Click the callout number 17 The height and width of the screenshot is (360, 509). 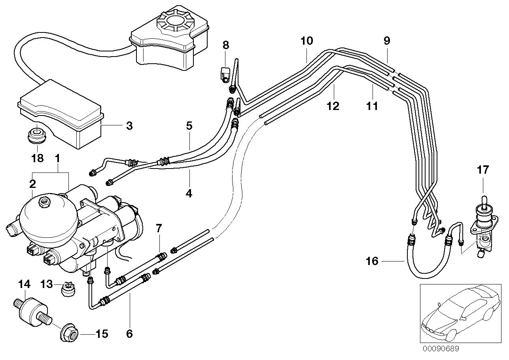483,171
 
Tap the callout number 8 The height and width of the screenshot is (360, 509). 225,45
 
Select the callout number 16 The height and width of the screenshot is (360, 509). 372,261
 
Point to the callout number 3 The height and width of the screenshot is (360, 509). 129,126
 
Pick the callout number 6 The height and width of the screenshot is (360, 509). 129,333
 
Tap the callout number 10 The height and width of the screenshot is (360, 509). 307,41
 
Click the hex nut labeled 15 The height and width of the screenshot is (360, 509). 70,333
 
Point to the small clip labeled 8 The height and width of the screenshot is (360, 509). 225,74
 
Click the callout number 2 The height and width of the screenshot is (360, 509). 32,184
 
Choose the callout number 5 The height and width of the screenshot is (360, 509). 189,126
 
